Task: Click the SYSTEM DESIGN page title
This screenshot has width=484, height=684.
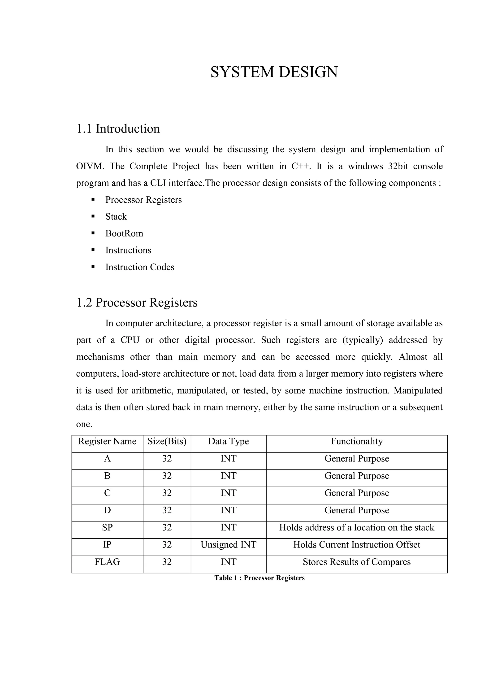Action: coord(274,72)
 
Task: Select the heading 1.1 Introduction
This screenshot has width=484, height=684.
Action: coord(118,129)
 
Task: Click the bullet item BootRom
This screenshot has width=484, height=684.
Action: coord(124,233)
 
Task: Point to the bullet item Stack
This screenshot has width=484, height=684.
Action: coord(116,217)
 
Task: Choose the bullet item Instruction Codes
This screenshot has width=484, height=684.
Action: coord(139,267)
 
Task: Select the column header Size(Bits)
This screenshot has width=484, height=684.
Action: coord(167,441)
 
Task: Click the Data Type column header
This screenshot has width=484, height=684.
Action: coord(228,441)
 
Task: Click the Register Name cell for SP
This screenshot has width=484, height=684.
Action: coord(107,527)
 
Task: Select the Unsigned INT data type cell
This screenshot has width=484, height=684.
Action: coord(228,545)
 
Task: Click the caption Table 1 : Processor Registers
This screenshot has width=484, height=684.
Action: coord(259,578)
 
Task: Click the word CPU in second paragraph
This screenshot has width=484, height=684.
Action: coord(130,340)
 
